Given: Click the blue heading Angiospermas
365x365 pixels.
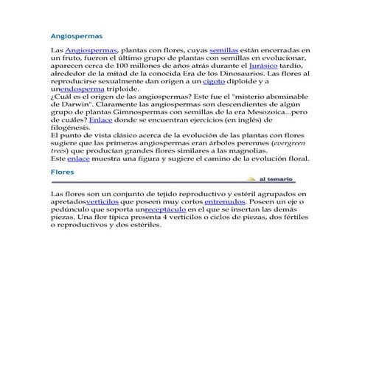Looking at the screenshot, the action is click(x=76, y=35).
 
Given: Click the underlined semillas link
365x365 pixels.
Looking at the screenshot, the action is click(x=224, y=49).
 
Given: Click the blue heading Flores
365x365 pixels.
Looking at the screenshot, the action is click(x=62, y=171).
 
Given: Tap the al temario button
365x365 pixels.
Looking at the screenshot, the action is click(x=275, y=179).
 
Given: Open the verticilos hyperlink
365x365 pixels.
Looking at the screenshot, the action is click(x=107, y=201).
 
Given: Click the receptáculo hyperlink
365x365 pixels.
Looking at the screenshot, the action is click(x=166, y=209).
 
